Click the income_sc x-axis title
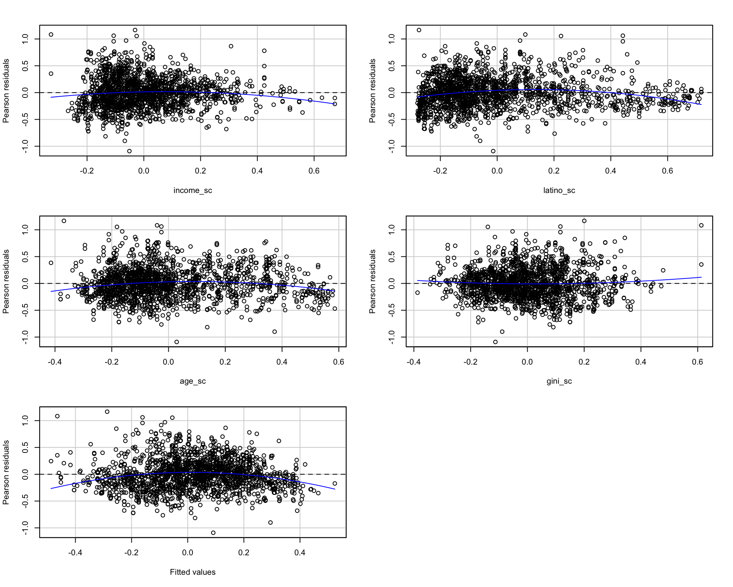(x=192, y=190)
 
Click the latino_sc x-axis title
(x=559, y=190)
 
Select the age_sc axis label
(x=192, y=381)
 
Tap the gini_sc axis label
(x=559, y=381)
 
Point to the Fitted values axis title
(x=192, y=572)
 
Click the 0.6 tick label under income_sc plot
(x=314, y=171)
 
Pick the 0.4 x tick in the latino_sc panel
(x=610, y=171)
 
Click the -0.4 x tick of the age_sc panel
(x=55, y=362)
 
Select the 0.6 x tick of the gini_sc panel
(x=697, y=362)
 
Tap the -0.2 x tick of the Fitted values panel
(x=131, y=553)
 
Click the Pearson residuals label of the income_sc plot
(x=6, y=91)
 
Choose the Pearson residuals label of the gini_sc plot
(x=372, y=282)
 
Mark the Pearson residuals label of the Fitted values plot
(x=6, y=472)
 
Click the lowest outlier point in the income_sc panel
(x=129, y=151)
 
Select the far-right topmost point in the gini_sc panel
(x=701, y=225)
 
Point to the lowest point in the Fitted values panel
(x=213, y=533)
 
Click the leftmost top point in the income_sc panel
(x=51, y=34)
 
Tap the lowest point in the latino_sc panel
(x=493, y=151)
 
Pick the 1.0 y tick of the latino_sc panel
(x=392, y=39)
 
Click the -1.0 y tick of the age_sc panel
(x=25, y=337)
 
